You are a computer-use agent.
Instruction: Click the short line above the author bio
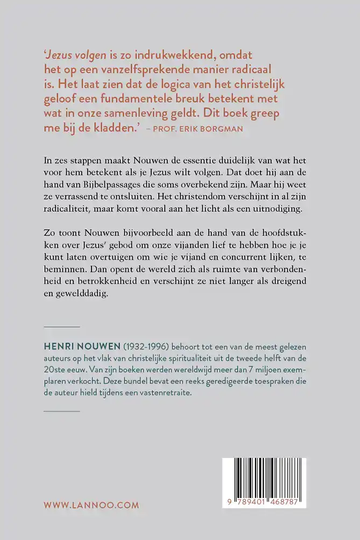click(61, 326)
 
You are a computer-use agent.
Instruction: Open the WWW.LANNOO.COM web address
click(91, 505)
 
